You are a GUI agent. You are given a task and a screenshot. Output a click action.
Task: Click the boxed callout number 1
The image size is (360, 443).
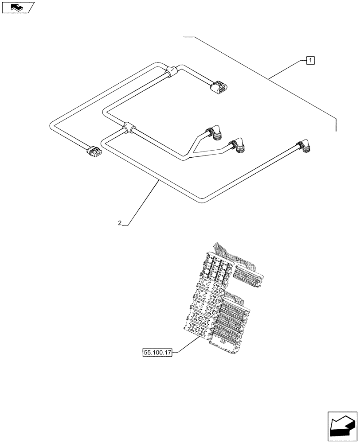click(x=310, y=60)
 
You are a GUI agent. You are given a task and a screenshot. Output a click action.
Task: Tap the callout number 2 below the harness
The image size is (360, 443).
click(x=120, y=223)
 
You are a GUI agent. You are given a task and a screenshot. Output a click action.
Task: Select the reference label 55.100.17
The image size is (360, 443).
click(x=157, y=353)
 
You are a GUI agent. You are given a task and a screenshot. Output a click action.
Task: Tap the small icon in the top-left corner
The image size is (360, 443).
click(x=17, y=7)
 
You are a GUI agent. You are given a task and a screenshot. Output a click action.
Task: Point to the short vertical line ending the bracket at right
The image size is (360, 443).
click(x=336, y=125)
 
